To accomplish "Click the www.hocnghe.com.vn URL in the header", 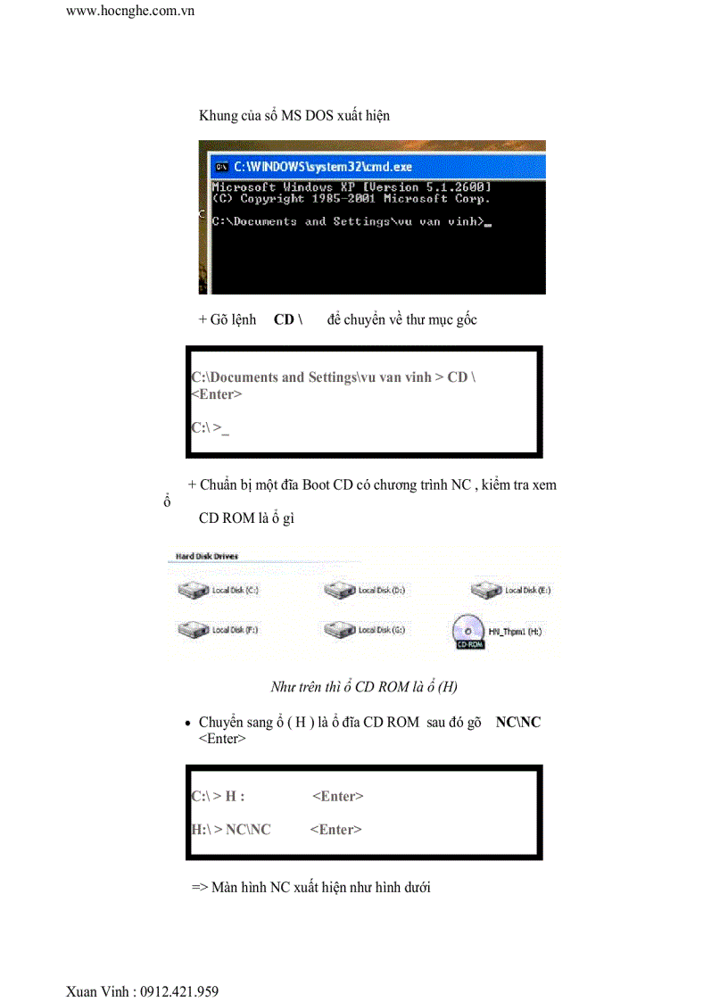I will tap(130, 11).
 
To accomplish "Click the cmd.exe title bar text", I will tap(323, 167).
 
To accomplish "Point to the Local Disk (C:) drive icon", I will tap(192, 590).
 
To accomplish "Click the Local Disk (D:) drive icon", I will tap(340, 590).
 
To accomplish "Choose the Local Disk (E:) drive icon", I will tap(487, 590).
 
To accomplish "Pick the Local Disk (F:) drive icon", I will tap(192, 630).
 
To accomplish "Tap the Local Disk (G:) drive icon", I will tap(340, 630).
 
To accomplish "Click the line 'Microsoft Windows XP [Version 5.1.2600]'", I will tap(351, 187).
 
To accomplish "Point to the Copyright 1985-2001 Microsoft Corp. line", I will tap(351, 198).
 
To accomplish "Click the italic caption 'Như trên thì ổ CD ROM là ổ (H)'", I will tap(364, 687).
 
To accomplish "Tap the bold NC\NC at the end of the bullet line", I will tap(518, 722).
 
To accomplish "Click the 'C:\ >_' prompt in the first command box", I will tap(210, 428).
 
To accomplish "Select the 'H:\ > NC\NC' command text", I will tap(231, 830).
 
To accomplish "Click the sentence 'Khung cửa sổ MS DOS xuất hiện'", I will tap(294, 116).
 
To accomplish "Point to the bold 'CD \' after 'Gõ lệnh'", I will tap(288, 319).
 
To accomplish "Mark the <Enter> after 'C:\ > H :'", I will tap(338, 797).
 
